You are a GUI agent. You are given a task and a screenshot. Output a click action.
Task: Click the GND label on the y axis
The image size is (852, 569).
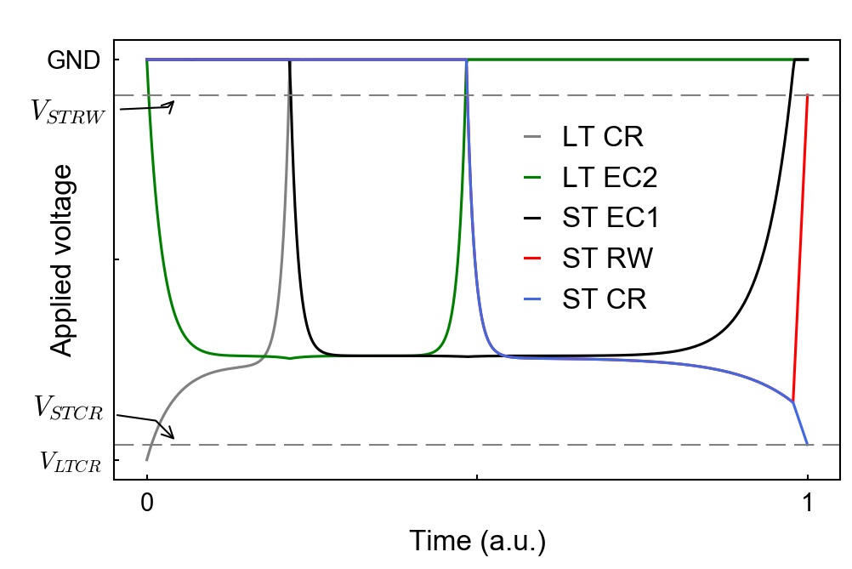(x=74, y=60)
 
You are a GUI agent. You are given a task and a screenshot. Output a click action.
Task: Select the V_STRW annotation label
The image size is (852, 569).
(x=67, y=112)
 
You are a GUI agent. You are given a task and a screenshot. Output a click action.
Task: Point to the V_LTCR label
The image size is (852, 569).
(x=71, y=464)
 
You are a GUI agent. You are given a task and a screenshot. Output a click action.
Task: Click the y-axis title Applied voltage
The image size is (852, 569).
(x=61, y=259)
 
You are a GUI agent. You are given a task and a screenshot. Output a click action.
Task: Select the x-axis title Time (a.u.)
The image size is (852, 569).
(x=477, y=541)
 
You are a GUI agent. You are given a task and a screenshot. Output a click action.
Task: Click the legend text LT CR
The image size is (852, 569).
(x=602, y=136)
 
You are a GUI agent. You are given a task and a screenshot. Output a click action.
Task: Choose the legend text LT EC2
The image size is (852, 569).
(x=610, y=177)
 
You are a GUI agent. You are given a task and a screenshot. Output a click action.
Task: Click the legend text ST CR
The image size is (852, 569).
(x=605, y=299)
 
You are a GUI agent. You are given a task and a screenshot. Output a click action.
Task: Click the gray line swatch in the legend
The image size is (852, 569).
(x=532, y=136)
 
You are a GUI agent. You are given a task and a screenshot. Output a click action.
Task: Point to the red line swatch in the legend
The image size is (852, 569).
(x=532, y=259)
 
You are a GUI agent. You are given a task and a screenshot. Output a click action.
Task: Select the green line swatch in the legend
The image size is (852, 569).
(x=532, y=177)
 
